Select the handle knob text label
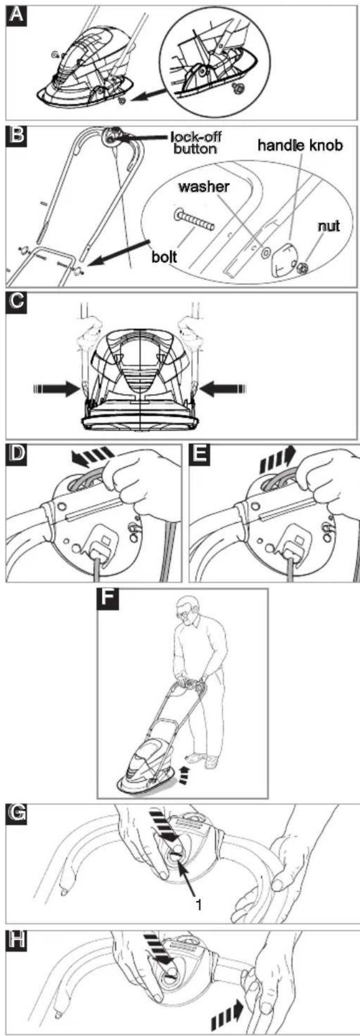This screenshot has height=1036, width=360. (300, 145)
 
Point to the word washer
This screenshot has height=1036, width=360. (204, 187)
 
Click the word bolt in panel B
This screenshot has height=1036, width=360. (165, 258)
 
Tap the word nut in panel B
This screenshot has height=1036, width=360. (328, 226)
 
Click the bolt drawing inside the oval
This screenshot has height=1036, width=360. (194, 220)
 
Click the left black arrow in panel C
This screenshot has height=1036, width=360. (57, 389)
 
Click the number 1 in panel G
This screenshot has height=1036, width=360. (198, 905)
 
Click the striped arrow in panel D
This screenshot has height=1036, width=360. (93, 458)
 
